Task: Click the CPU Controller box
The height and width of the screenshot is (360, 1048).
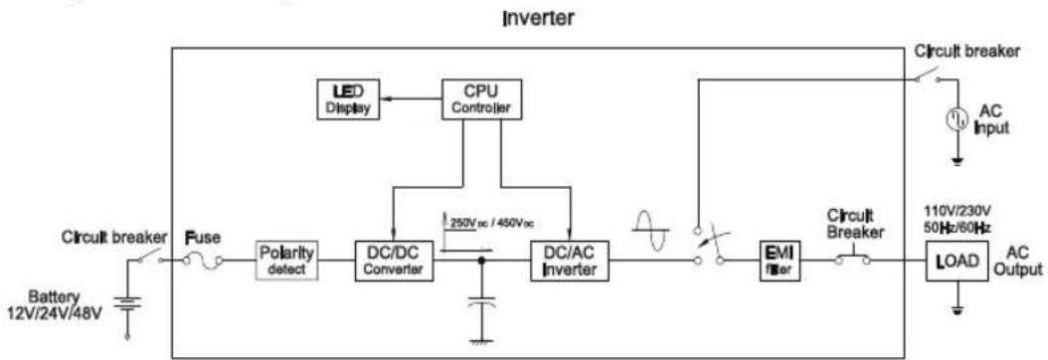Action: pyautogui.click(x=481, y=98)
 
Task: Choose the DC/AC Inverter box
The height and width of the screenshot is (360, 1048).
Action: pyautogui.click(x=569, y=262)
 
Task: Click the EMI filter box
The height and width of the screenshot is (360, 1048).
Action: pyautogui.click(x=773, y=262)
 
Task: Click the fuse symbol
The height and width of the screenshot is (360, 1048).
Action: pyautogui.click(x=203, y=262)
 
